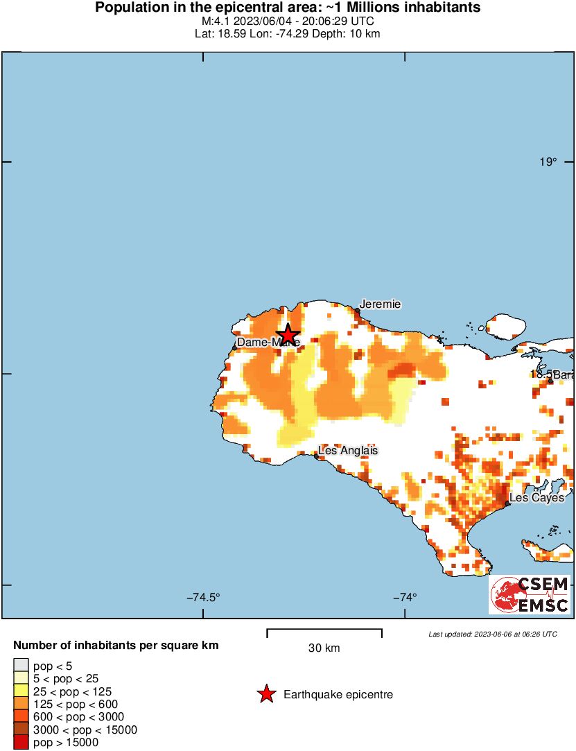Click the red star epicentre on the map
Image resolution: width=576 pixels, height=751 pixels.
(x=288, y=334)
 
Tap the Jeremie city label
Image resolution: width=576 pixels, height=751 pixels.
(x=380, y=304)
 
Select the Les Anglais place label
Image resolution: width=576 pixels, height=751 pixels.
(x=348, y=450)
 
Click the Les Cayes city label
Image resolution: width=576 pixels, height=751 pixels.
(x=537, y=497)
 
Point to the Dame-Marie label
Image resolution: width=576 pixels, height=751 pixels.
(x=268, y=342)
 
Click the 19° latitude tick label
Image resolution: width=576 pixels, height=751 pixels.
(x=548, y=162)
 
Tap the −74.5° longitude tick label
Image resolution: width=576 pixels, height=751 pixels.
(x=203, y=597)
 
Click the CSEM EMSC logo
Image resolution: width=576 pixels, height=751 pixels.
(x=530, y=594)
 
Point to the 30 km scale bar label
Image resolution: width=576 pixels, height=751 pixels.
(x=324, y=648)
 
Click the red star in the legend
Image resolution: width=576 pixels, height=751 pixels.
(x=266, y=694)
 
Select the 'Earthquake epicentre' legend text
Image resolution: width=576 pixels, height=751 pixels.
(x=338, y=694)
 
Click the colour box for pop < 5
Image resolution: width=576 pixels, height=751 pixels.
(x=21, y=666)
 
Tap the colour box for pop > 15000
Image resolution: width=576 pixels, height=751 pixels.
(x=21, y=743)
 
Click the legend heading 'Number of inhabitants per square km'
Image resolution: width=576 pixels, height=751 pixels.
(x=116, y=646)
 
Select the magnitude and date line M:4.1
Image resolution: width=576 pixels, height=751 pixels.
(x=288, y=21)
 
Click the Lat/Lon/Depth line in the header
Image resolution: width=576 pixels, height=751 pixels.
(x=288, y=33)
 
